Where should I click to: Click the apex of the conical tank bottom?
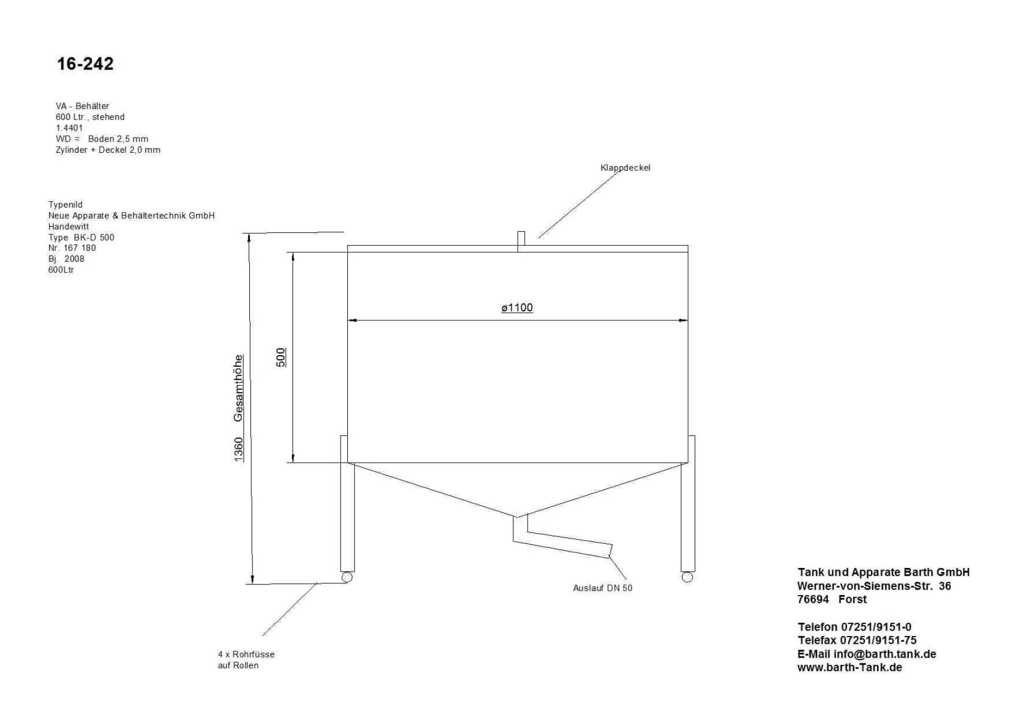click(x=518, y=517)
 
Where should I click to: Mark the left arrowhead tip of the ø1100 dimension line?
click(x=348, y=320)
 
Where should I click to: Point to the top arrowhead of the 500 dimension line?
click(x=293, y=253)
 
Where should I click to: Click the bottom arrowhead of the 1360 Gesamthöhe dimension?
click(x=252, y=584)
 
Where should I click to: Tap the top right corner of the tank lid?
click(x=688, y=246)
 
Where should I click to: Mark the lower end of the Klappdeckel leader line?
click(x=538, y=238)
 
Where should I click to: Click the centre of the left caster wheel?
click(x=347, y=577)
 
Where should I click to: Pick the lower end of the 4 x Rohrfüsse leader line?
click(x=262, y=636)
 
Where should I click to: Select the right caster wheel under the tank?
click(x=687, y=577)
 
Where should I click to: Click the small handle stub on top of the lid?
click(x=521, y=241)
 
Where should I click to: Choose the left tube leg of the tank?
click(x=347, y=503)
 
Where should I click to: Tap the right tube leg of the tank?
click(x=688, y=503)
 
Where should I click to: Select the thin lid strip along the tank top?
click(x=518, y=249)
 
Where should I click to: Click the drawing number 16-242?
click(x=85, y=64)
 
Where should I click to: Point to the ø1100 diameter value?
click(x=517, y=308)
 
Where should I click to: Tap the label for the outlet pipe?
click(x=602, y=588)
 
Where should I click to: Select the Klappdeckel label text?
click(x=625, y=168)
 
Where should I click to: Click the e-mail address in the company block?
click(x=885, y=654)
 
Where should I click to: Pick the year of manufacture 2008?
click(x=74, y=259)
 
